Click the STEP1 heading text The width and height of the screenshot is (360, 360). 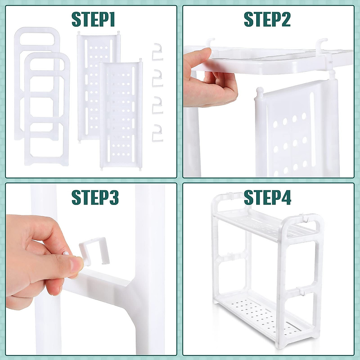(93, 19)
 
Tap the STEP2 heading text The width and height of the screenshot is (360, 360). (267, 19)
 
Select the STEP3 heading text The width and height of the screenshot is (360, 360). (95, 197)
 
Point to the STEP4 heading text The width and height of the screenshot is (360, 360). (267, 197)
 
